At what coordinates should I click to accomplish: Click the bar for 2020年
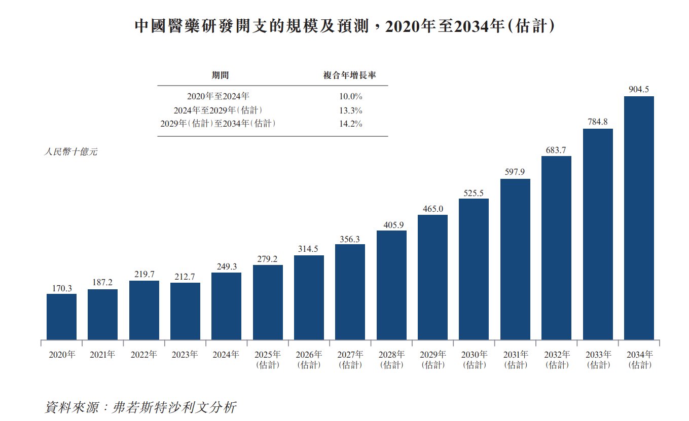coord(61,317)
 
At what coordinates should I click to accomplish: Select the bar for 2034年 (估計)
coord(638,218)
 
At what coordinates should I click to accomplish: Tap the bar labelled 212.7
coord(185,311)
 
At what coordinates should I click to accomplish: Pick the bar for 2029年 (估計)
coord(432,277)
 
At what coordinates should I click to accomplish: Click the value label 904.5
coord(638,89)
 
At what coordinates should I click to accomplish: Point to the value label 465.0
coord(432,208)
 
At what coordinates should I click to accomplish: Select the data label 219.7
coord(144,274)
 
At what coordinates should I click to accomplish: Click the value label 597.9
coord(515,172)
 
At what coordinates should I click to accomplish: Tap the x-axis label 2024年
coord(226,355)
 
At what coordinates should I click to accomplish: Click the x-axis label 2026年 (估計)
coord(309,359)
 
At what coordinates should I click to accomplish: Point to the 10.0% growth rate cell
coord(350,96)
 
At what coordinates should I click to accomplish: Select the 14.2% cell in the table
coord(350,124)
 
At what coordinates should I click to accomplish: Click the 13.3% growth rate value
coord(350,110)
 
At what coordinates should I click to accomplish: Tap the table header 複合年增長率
coord(349,75)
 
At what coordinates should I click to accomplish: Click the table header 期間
coord(220,75)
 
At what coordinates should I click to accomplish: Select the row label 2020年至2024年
coord(218,96)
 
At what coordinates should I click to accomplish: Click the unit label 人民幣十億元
coord(70,151)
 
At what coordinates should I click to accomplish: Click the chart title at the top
coord(344,26)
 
